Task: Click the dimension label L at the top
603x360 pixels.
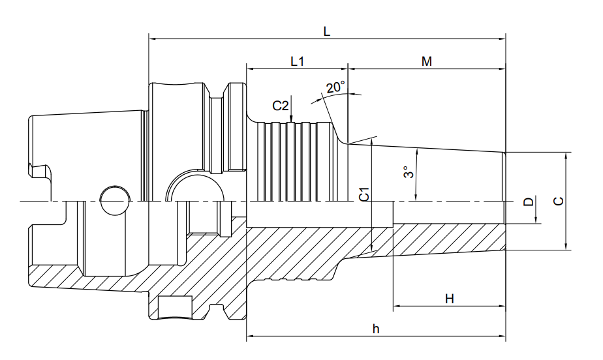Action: point(326,31)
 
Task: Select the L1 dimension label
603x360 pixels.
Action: point(298,61)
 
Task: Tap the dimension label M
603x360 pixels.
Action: point(427,61)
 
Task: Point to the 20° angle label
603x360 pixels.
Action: point(335,87)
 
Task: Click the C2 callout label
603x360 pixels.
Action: point(281,106)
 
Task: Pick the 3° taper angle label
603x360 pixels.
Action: point(409,172)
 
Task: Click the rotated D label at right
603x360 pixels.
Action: point(529,202)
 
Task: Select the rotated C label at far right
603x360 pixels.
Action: point(559,201)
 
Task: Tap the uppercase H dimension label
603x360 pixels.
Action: point(449,299)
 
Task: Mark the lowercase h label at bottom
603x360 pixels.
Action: point(376,329)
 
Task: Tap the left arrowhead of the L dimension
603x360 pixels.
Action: point(152,39)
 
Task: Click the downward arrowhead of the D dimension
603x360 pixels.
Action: point(536,219)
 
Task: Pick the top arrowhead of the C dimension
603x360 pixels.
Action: point(566,156)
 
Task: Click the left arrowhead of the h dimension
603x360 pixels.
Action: point(250,336)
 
